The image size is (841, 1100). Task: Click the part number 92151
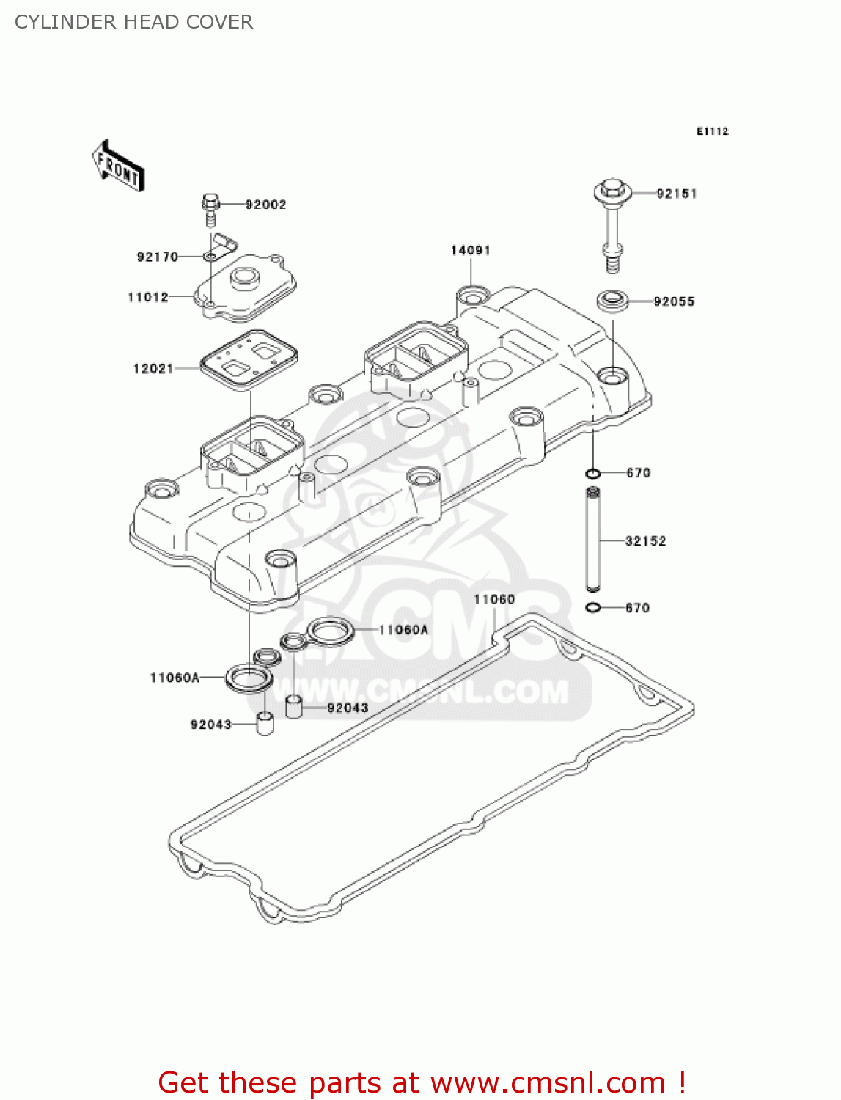(676, 194)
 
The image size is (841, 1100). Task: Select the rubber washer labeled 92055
(612, 301)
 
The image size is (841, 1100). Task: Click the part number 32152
(645, 541)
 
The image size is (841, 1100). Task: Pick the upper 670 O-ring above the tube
(593, 473)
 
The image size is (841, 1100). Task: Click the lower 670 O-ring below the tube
(593, 607)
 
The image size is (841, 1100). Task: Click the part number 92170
(158, 257)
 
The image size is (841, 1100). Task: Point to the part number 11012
(148, 297)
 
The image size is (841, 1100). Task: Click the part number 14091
(470, 251)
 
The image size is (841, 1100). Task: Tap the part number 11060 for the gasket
(494, 600)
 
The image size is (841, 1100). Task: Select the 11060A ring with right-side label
(331, 630)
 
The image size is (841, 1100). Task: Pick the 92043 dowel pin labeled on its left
(265, 723)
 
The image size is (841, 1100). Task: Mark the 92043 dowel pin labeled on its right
(294, 707)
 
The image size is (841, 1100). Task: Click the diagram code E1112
(712, 131)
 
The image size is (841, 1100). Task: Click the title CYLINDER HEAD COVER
(134, 22)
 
